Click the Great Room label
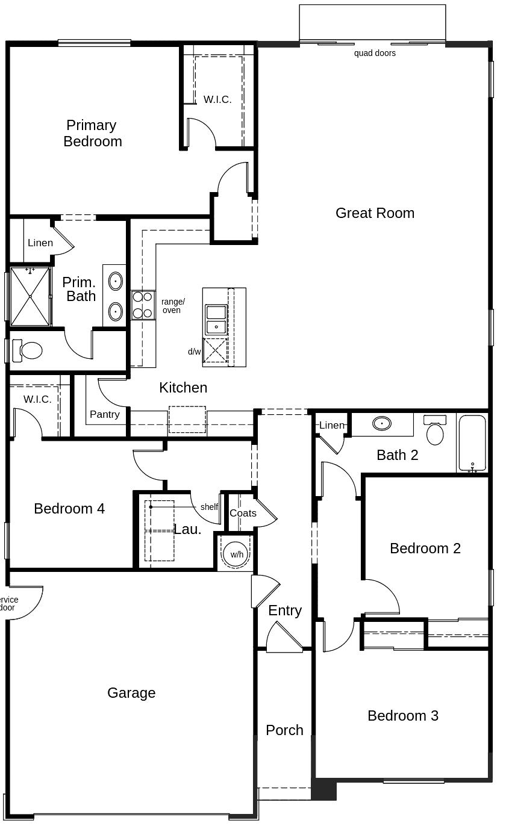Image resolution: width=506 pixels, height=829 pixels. [375, 213]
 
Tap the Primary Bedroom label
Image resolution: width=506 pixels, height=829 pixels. [92, 133]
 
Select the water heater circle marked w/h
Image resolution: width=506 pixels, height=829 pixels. [236, 554]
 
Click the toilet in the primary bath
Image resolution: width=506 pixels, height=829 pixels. [27, 350]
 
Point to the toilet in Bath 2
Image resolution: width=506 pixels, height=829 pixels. [435, 430]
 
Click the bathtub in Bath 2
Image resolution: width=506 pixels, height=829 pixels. [472, 443]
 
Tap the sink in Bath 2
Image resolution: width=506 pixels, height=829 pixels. [382, 423]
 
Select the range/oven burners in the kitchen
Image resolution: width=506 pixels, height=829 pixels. [143, 305]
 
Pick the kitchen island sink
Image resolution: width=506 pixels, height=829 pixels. [216, 320]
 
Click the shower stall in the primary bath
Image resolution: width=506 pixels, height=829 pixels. [30, 296]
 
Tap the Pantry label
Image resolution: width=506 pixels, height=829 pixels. [105, 414]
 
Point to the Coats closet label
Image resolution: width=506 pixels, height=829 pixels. [243, 513]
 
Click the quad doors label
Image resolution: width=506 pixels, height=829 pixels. [375, 54]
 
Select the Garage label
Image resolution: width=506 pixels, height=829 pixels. [131, 693]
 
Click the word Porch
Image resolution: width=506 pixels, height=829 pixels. [284, 730]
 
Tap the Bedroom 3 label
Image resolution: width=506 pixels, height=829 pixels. [403, 716]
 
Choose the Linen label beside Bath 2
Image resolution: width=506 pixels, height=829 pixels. [332, 425]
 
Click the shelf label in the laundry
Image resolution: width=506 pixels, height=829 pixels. [209, 507]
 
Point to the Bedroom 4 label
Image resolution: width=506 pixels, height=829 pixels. [69, 509]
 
